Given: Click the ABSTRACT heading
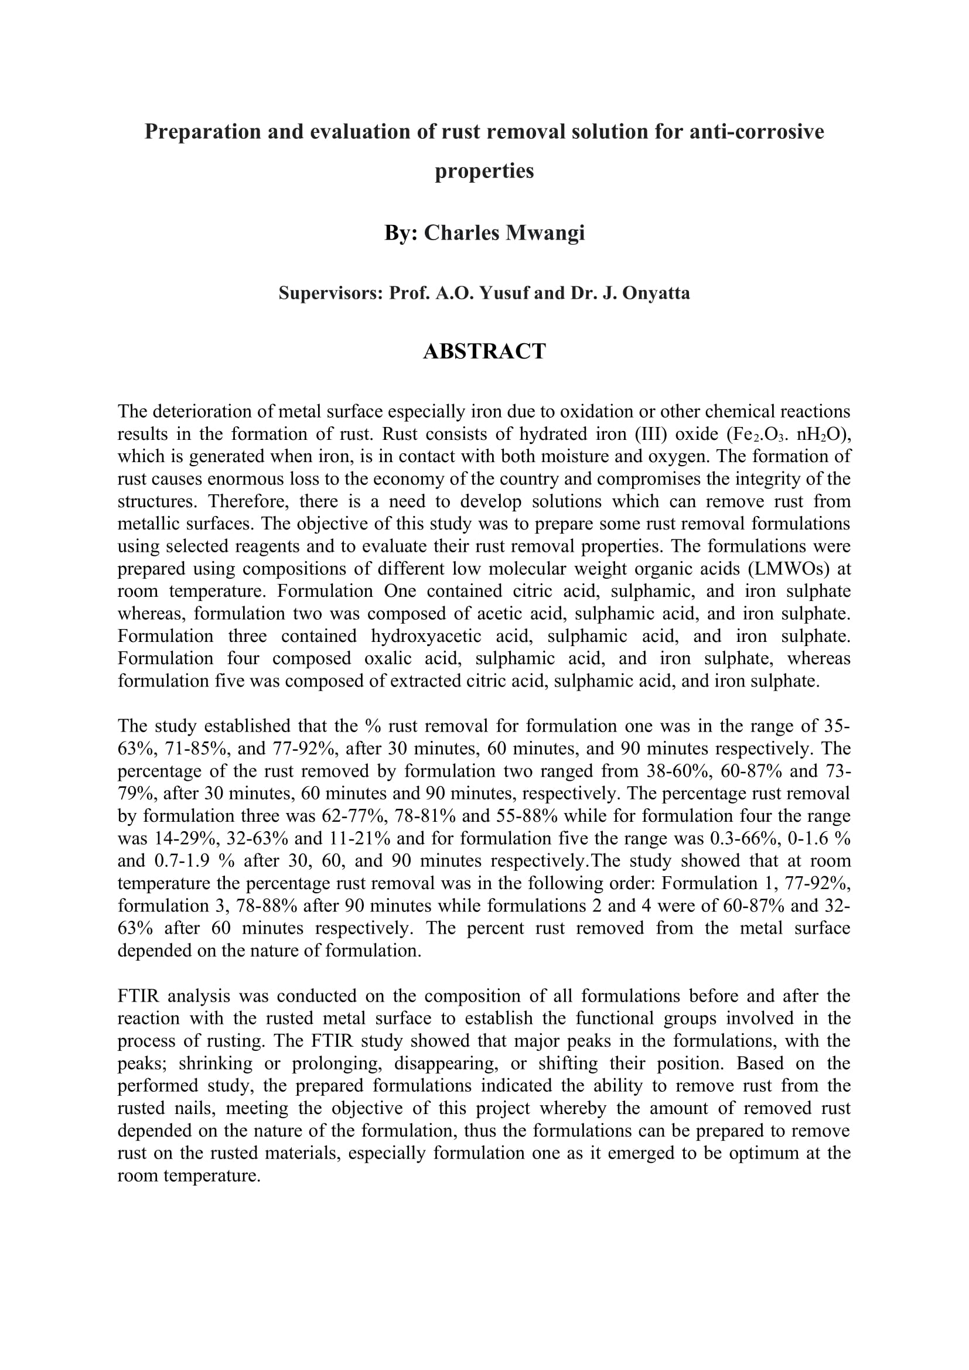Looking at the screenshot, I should pyautogui.click(x=484, y=351).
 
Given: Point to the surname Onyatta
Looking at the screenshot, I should pyautogui.click(x=655, y=293).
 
